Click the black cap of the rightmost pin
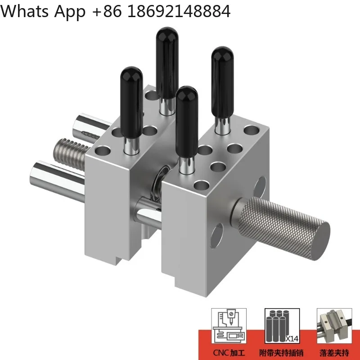(222, 65)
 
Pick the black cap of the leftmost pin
(131, 85)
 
